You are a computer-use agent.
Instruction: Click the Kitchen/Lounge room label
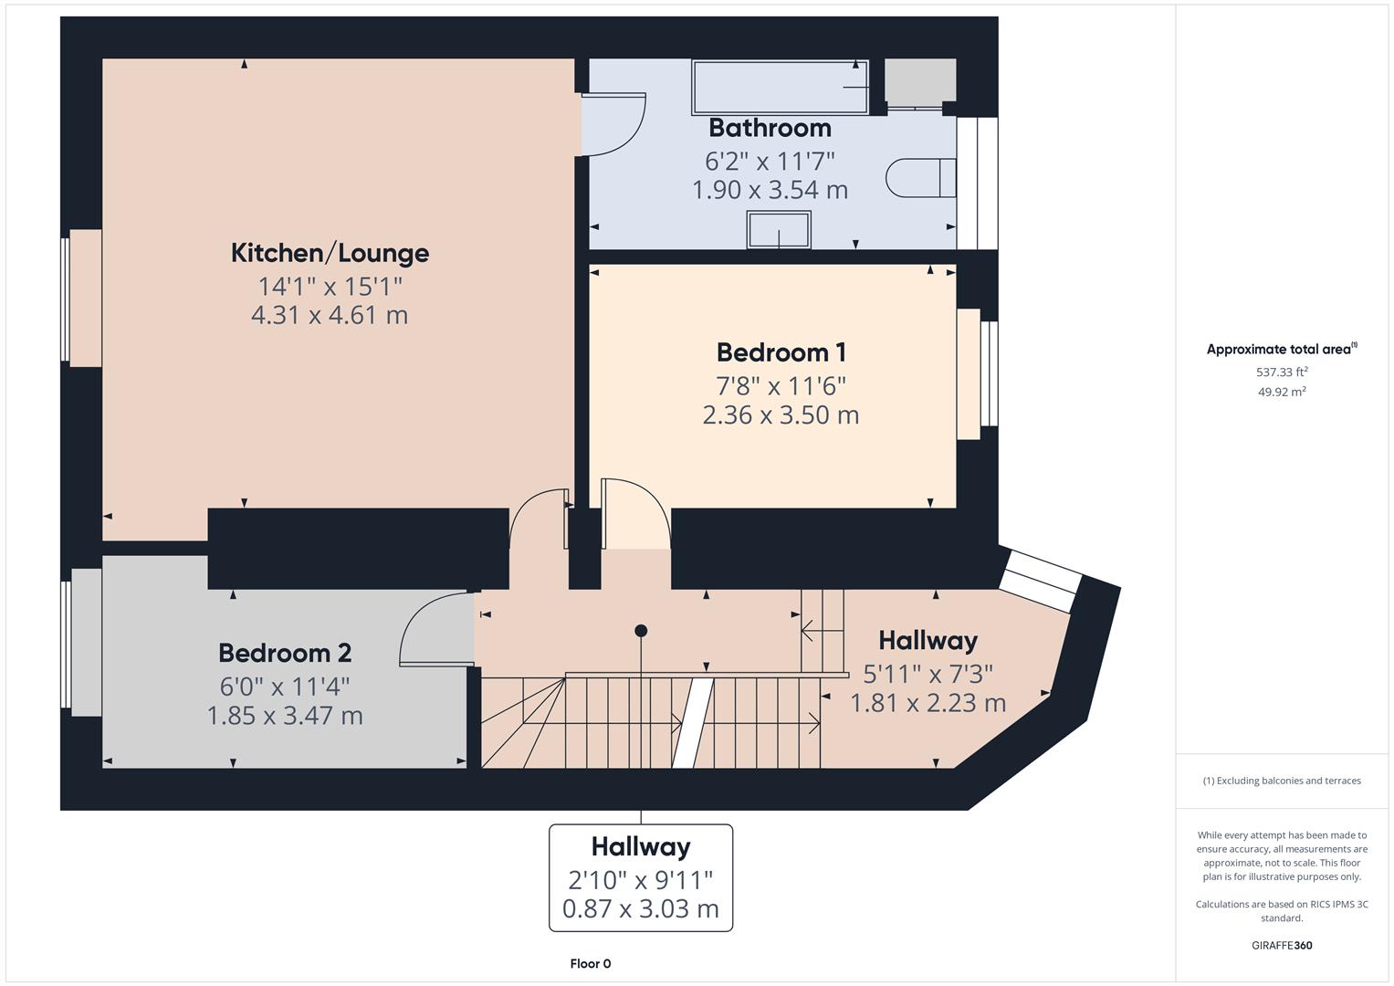330,253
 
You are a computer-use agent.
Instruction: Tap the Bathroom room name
770,128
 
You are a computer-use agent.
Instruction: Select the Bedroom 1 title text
781,352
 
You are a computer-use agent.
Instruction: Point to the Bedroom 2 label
285,654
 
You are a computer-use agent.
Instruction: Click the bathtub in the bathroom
781,88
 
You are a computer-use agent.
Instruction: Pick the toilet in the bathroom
917,177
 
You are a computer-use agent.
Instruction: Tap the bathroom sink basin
779,229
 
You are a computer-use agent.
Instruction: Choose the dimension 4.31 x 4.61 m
330,316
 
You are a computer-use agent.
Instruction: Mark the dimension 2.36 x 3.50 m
781,415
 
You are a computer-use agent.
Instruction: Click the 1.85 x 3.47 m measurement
285,716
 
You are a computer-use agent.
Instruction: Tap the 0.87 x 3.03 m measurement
640,909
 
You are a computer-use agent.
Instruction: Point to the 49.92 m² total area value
1281,393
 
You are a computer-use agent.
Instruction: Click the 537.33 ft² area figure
1281,372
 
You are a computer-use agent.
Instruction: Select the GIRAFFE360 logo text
1281,946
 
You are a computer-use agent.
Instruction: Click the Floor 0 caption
590,964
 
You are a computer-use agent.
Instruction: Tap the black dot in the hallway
641,631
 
